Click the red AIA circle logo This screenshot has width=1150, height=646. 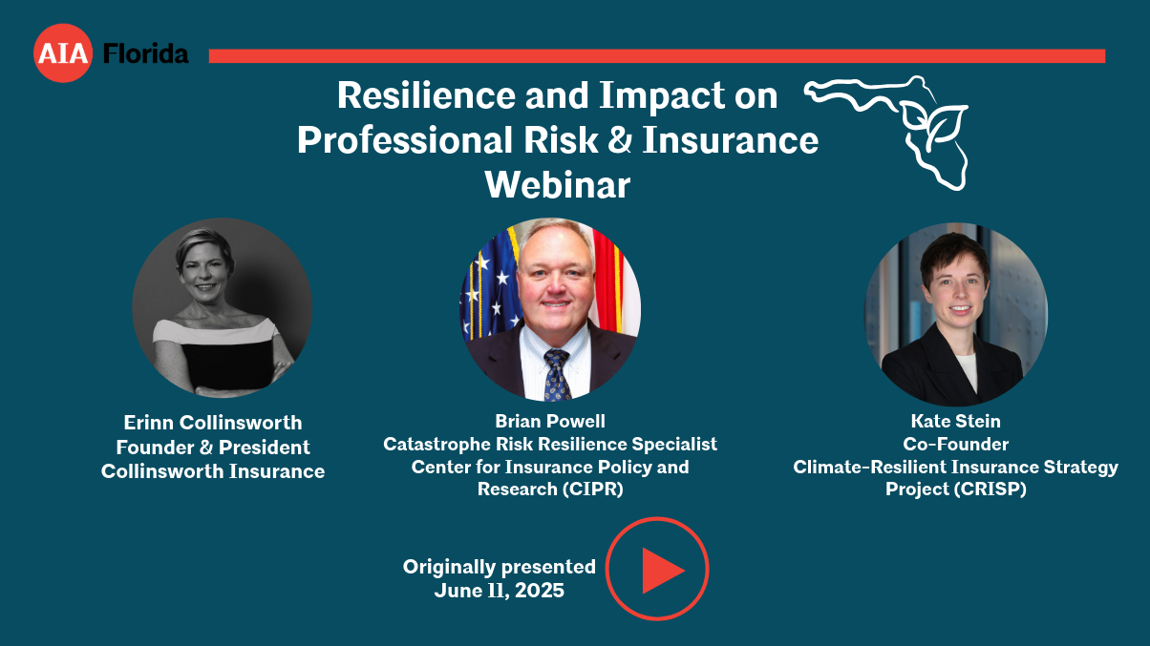63,52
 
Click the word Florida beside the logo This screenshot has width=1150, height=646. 146,53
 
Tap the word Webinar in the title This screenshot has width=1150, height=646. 558,185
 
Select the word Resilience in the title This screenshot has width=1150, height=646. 427,95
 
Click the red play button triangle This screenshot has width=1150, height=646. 662,571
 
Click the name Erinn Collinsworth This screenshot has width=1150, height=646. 213,423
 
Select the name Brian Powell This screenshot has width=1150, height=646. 550,421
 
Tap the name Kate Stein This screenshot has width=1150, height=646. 955,421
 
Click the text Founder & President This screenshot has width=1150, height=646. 213,448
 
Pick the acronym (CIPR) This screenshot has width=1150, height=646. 592,490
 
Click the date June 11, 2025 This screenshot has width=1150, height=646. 499,590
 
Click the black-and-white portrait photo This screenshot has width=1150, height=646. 223,307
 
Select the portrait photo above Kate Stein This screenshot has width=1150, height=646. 956,314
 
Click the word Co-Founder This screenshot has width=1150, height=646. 955,444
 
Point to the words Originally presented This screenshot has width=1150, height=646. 499,567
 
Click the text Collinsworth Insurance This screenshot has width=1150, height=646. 213,471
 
